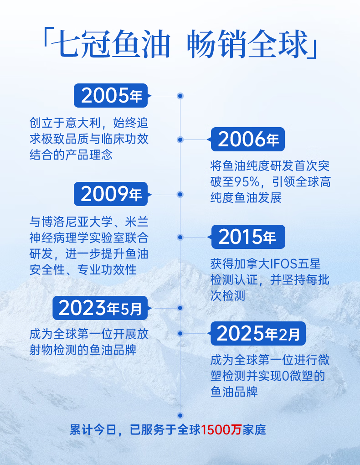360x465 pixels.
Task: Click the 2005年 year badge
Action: (111, 95)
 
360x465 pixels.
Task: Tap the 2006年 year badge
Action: (248, 139)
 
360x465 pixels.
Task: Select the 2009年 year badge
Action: (111, 194)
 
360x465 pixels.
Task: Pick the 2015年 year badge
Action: (248, 237)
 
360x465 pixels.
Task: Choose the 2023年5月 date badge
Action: (100, 308)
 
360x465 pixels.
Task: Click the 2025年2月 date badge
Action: (258, 333)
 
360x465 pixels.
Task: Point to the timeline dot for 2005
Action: (180, 96)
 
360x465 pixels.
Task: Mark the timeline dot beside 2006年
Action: (180, 139)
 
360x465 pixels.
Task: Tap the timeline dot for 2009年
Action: (180, 195)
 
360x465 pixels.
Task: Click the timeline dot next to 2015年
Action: (180, 237)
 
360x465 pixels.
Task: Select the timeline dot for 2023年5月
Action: (180, 308)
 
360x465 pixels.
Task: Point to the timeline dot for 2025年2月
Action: (180, 334)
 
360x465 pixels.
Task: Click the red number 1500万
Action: (221, 430)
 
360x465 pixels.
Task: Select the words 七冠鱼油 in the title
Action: (111, 44)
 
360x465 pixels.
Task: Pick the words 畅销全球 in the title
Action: (247, 44)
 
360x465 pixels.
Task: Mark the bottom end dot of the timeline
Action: (180, 415)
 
